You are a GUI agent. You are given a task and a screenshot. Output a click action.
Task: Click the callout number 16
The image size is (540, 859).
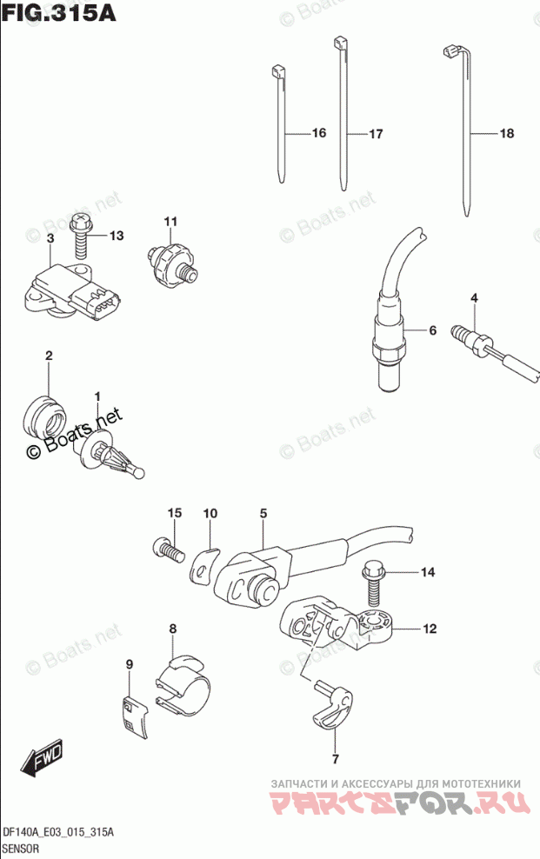[x=317, y=134]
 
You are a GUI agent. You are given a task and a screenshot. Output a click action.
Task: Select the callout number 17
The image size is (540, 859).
[x=375, y=135]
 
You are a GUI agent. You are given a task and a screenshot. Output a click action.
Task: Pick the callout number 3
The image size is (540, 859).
[x=50, y=237]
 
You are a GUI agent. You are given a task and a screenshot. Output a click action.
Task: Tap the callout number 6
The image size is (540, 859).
[x=431, y=330]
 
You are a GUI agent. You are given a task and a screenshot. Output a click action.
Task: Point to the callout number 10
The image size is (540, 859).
[x=210, y=514]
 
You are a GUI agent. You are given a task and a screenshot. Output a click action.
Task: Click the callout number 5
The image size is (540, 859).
[x=263, y=514]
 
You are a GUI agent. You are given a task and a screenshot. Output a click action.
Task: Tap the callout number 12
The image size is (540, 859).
[x=430, y=628]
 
